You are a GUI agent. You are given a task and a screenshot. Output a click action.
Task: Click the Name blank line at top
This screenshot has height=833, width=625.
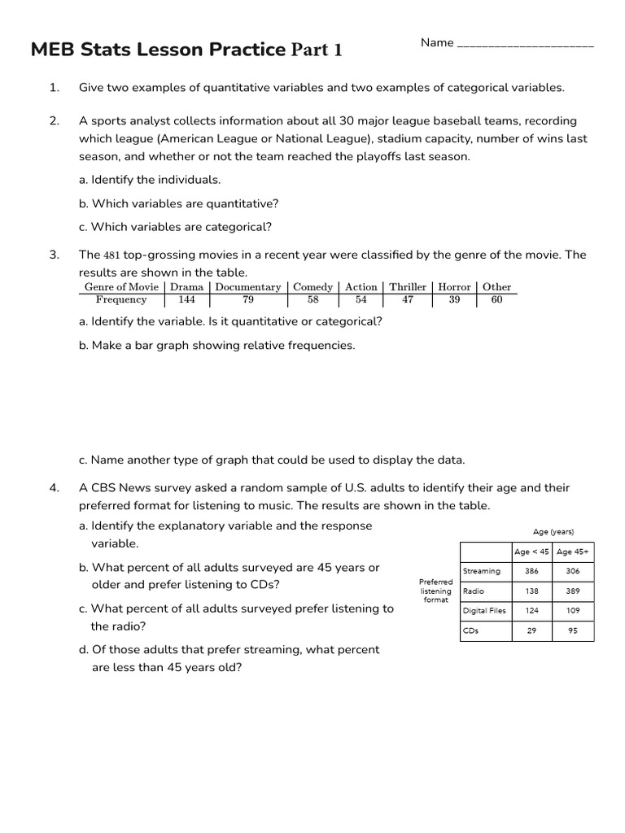[x=526, y=46]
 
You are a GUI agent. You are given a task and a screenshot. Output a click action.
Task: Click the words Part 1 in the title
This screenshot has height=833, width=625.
[x=317, y=50]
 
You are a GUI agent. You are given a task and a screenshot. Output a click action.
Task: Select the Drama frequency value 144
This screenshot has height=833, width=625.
[x=186, y=299]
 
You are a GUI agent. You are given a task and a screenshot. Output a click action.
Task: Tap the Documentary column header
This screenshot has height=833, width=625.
[x=248, y=287]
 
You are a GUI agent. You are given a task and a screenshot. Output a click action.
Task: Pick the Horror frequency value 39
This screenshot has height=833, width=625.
[x=454, y=299]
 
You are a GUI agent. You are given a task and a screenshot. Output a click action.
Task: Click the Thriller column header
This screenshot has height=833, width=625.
[x=408, y=287]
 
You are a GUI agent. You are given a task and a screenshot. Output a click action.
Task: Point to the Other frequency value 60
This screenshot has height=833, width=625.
[x=496, y=299]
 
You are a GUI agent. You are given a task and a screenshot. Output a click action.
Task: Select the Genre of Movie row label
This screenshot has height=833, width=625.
[x=122, y=287]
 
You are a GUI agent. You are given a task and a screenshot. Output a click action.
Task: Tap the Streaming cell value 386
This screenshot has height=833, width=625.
[x=531, y=571]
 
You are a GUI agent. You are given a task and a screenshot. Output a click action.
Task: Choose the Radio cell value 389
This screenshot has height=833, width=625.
[x=573, y=591]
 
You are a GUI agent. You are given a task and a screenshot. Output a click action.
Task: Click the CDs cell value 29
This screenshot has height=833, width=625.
[x=531, y=630]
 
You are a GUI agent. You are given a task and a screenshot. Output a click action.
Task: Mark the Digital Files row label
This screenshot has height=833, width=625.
[x=484, y=611]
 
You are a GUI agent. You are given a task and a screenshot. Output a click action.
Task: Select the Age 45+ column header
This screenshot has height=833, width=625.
[x=573, y=552]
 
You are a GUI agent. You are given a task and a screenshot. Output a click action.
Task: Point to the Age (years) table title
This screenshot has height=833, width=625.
[x=553, y=532]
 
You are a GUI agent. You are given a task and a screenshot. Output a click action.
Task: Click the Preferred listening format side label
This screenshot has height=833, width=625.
[x=435, y=591]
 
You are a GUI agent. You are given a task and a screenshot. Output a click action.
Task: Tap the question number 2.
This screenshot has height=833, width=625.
[x=54, y=121]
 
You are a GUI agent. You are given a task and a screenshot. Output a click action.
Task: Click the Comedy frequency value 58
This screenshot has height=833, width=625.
[x=312, y=299]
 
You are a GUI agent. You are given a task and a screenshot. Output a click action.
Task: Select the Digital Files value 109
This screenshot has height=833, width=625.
[x=573, y=611]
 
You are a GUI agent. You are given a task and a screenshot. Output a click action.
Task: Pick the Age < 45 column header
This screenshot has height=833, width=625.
[x=531, y=552]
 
